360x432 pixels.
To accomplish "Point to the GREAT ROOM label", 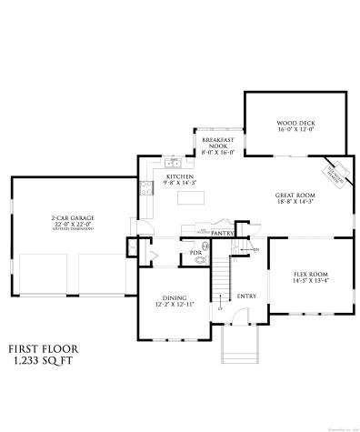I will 295,195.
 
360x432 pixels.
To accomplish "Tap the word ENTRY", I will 246,296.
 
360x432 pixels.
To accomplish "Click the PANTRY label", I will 223,234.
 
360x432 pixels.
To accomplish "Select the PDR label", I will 195,252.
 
